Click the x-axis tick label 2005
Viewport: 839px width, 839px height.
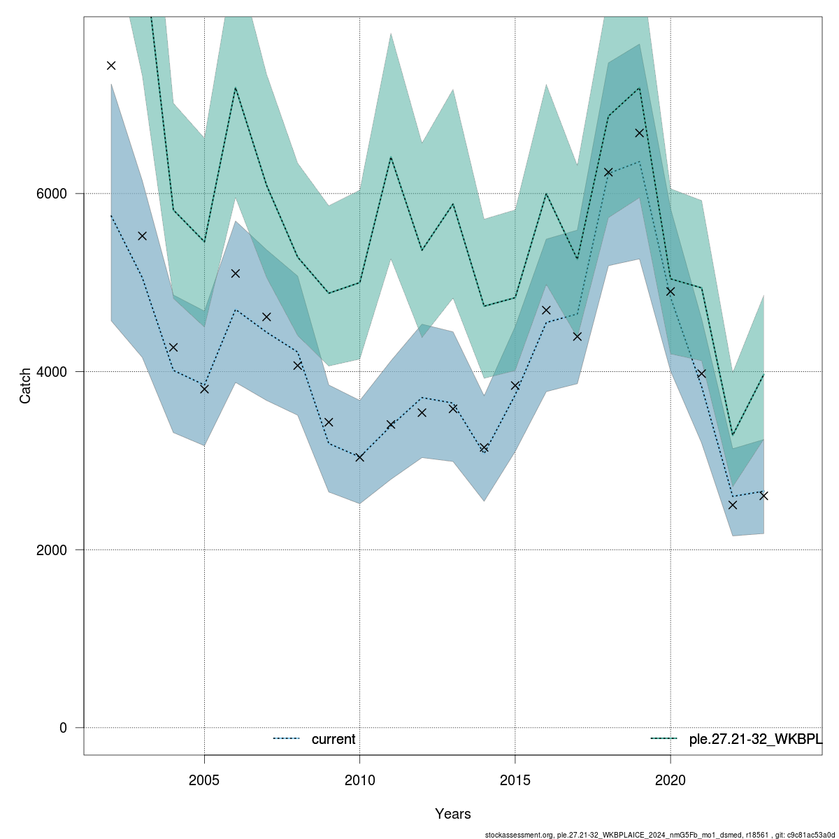coord(204,779)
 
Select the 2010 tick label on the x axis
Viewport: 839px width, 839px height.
coord(359,779)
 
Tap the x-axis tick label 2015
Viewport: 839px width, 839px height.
coord(515,779)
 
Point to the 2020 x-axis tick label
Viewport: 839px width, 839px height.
coord(671,779)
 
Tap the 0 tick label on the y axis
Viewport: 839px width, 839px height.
coord(63,728)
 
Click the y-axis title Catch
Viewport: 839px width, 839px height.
coord(26,385)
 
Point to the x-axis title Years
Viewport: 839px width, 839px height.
coord(452,814)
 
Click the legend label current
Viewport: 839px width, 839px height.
coord(334,739)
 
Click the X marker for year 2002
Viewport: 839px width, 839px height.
coord(111,66)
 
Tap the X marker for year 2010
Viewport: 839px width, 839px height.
coord(359,457)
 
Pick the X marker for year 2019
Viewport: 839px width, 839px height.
coord(639,133)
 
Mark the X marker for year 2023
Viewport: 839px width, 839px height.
coord(763,496)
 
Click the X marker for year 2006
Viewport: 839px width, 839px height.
coord(236,273)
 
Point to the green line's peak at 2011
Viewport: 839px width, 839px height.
coord(391,157)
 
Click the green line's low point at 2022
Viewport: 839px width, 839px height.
coord(733,435)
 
